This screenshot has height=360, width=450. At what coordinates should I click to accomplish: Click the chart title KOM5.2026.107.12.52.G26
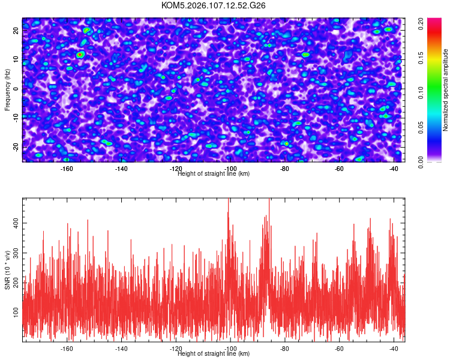point(214,5)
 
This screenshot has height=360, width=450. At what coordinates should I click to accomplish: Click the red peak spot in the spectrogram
point(80,55)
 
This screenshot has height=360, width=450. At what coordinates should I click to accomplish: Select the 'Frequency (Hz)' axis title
point(7,89)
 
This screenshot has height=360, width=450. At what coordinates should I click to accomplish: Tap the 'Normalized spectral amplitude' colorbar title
point(446,90)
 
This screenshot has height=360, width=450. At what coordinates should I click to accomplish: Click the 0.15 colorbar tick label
point(421,58)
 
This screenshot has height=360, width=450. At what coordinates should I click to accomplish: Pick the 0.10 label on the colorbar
point(421,93)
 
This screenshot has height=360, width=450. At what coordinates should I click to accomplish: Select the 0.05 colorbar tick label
point(421,127)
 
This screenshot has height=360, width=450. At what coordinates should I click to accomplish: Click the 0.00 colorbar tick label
point(421,162)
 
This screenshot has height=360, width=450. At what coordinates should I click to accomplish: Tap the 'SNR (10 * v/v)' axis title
point(7,269)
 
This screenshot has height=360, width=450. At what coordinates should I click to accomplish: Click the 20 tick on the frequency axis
point(16,31)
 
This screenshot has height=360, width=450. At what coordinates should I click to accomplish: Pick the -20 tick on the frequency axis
point(16,147)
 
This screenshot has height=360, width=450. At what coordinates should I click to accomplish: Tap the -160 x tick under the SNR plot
point(67,349)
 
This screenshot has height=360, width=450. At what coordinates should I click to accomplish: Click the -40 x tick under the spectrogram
point(394,169)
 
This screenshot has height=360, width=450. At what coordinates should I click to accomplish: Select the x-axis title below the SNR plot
point(214,354)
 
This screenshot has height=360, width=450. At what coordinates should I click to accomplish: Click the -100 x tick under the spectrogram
point(230,169)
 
